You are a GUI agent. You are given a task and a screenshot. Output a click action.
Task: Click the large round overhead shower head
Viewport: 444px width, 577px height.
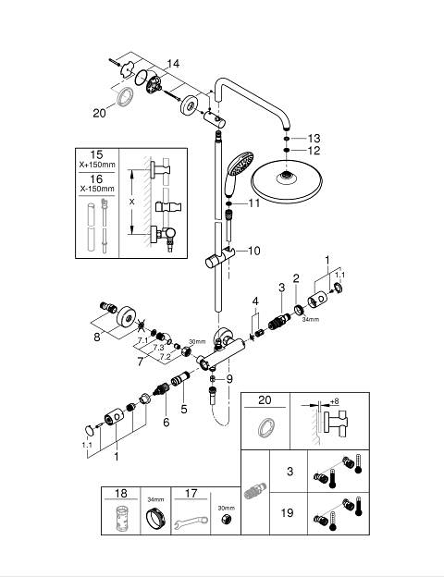[x=287, y=180]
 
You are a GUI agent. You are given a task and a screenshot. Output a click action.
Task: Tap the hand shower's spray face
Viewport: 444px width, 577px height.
[x=240, y=164]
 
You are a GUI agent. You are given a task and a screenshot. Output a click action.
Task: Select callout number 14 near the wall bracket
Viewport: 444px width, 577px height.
[x=173, y=64]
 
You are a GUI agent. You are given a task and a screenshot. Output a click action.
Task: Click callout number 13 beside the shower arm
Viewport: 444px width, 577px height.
[x=314, y=139]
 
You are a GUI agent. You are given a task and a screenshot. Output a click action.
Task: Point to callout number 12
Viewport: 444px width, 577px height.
[x=314, y=150]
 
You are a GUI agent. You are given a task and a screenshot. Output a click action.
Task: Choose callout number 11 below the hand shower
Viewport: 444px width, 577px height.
[x=254, y=203]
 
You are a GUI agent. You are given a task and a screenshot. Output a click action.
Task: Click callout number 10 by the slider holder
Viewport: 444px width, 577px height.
[x=254, y=251]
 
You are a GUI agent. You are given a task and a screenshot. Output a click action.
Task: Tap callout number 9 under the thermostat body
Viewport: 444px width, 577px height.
[x=229, y=379]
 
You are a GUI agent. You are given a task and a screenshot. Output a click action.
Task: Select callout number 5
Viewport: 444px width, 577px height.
[x=184, y=409]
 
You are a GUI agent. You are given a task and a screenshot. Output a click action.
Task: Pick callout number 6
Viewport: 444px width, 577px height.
[x=166, y=422]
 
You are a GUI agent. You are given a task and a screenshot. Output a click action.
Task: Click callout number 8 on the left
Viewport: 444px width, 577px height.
[x=97, y=337]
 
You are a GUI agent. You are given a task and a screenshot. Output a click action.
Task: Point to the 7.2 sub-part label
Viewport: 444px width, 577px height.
[x=166, y=357]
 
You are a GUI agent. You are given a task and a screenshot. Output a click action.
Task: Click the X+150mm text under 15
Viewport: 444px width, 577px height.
[x=97, y=165]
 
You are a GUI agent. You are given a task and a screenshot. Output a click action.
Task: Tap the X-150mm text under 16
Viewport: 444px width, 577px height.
[x=97, y=189]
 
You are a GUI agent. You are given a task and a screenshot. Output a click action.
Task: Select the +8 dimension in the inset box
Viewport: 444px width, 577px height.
[x=335, y=401]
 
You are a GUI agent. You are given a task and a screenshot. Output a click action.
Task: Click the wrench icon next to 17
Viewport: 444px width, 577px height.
[x=191, y=522]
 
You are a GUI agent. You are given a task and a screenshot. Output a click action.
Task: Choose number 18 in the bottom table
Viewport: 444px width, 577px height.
[x=121, y=493]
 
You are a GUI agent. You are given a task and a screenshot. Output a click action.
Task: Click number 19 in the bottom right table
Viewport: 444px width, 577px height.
[x=287, y=512]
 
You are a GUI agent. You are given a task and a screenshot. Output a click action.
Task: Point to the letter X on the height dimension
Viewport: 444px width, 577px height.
[x=132, y=202]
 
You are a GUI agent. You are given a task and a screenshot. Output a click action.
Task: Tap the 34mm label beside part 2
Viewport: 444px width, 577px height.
[x=311, y=319]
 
